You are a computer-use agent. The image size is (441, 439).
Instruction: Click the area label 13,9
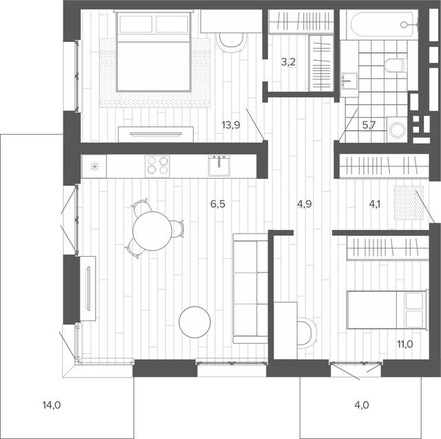231,124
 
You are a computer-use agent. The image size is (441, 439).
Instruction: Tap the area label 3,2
288,62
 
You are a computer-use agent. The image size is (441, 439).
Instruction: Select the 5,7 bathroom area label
369,125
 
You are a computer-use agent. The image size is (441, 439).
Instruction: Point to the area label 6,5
218,204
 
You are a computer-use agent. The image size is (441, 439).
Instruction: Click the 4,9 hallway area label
305,204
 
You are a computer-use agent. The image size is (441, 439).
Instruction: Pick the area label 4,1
375,204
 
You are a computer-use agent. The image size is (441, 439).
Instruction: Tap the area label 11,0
405,344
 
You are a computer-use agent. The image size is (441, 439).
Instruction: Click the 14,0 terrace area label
52,405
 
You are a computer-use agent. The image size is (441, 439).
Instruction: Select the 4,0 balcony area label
362,405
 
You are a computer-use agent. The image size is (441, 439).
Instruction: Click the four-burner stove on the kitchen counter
157,166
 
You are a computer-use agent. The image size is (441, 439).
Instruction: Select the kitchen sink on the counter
219,166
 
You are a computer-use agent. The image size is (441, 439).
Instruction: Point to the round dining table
152,231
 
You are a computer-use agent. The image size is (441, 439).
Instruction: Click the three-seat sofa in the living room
250,289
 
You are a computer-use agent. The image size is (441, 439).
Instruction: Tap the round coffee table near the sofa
194,322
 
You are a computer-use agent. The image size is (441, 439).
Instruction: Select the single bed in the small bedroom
387,310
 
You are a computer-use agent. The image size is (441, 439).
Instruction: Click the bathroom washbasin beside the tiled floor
349,81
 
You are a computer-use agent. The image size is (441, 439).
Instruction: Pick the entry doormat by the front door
409,203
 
